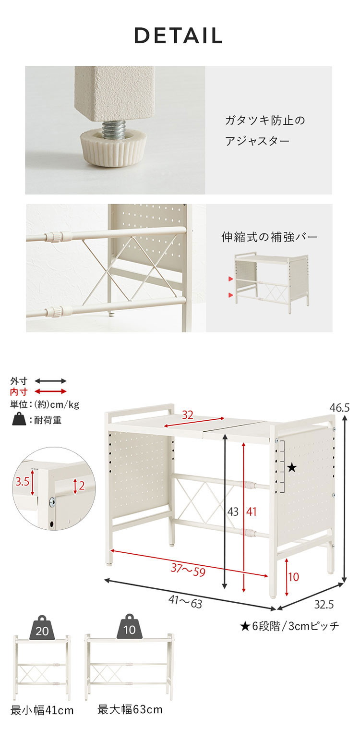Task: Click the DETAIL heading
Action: pyautogui.click(x=178, y=36)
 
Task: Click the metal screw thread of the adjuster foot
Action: pyautogui.click(x=113, y=130)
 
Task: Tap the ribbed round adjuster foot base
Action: pyautogui.click(x=114, y=150)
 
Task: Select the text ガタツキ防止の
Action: pyautogui.click(x=265, y=121)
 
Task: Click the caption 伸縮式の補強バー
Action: pyautogui.click(x=269, y=237)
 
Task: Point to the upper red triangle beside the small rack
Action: pyautogui.click(x=231, y=279)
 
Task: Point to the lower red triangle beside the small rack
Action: pyautogui.click(x=231, y=295)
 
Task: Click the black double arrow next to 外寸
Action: pyautogui.click(x=50, y=381)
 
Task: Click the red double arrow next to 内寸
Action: pyautogui.click(x=50, y=391)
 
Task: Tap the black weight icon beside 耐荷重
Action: pyautogui.click(x=19, y=419)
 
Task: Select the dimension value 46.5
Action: pyautogui.click(x=339, y=408)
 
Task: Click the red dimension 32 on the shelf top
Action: pyautogui.click(x=188, y=415)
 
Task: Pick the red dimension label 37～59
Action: pyautogui.click(x=188, y=570)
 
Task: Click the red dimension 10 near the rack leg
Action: pyautogui.click(x=294, y=577)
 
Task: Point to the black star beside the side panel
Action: pyautogui.click(x=292, y=468)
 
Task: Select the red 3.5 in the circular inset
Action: pyautogui.click(x=22, y=481)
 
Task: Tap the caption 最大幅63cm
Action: pyautogui.click(x=130, y=710)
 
